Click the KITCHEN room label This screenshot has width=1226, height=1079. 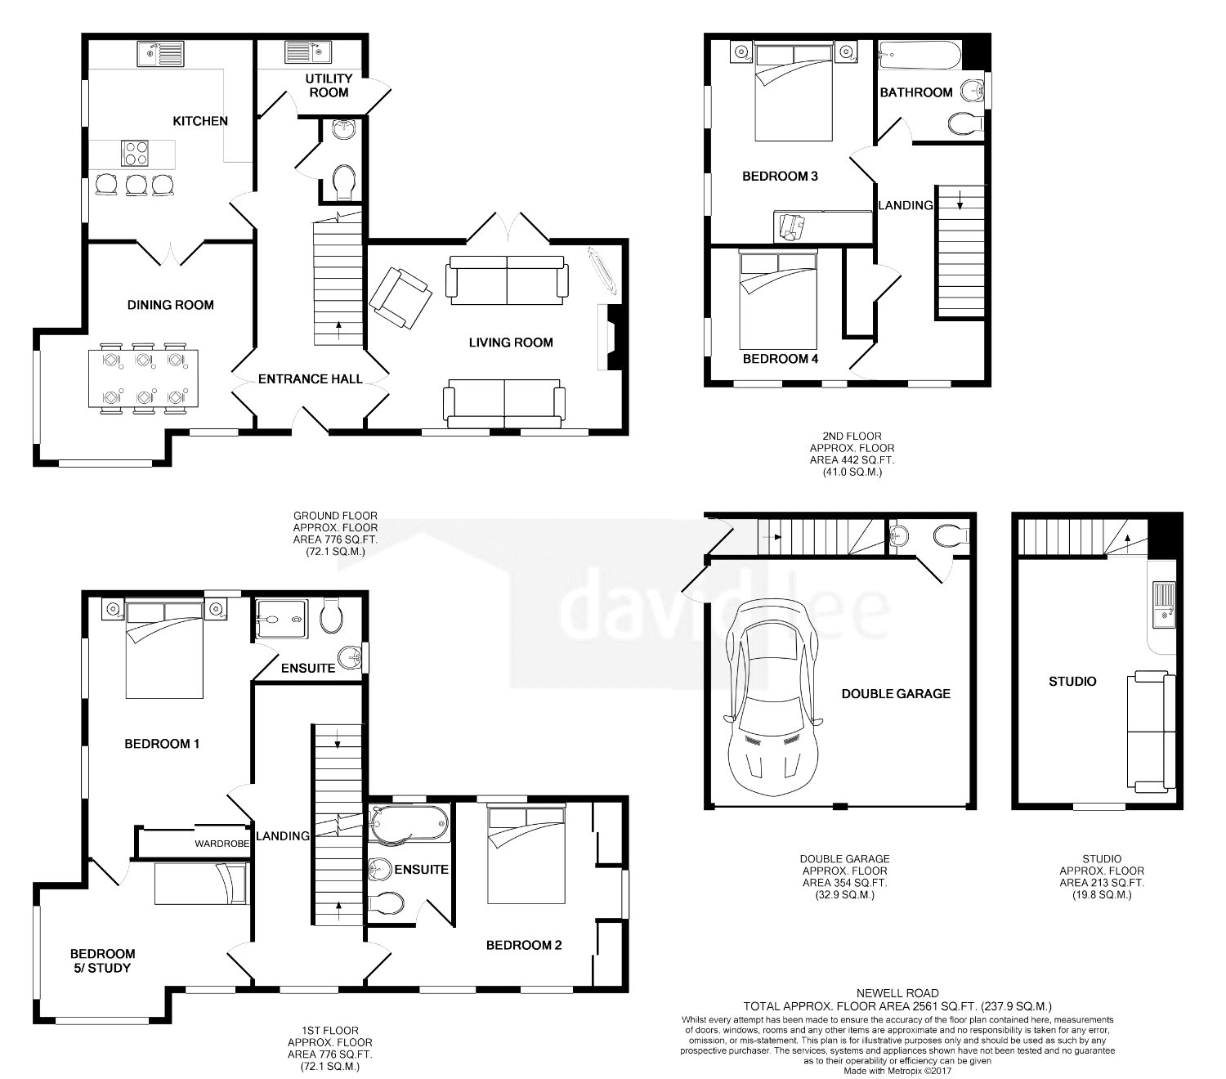pos(200,121)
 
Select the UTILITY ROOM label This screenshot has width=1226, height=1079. pos(329,85)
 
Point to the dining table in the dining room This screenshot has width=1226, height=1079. pos(143,378)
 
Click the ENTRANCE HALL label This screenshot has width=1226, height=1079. pos(310,378)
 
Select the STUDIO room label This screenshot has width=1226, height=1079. pos(1072,682)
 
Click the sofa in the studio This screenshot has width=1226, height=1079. pos(1151,732)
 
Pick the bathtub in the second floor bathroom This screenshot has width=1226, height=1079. pos(919,56)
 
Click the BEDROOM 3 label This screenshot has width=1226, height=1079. pos(780,176)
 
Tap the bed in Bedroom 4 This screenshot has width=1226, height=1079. pos(778,299)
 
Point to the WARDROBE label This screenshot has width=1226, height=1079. pos(222,844)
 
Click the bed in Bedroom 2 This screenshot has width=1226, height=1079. pos(526,853)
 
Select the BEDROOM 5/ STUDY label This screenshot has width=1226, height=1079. pos(102,960)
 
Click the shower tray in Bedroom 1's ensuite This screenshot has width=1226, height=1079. pos(281,619)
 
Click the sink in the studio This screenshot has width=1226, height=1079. pos(1164,605)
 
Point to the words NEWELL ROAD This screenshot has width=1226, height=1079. pos(897,993)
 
